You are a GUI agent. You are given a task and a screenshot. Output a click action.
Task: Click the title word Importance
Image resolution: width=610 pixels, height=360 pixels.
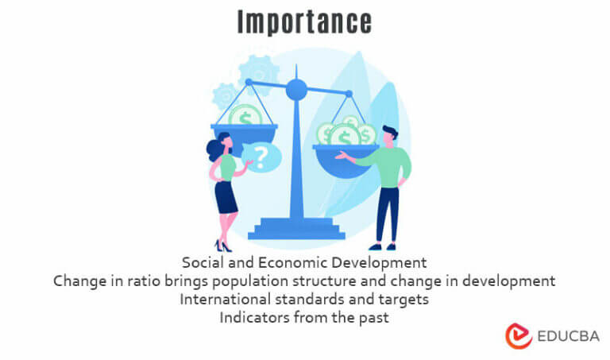(x=304, y=21)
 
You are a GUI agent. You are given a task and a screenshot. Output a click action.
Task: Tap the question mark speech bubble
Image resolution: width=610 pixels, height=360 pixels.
(x=261, y=157)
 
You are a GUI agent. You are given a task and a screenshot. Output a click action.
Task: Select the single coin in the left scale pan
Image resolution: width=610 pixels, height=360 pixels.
(x=245, y=118)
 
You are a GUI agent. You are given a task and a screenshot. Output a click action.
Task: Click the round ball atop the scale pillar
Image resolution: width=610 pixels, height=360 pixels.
(x=296, y=88)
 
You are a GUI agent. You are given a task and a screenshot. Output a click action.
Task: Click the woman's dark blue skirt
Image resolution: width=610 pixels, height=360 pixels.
(x=226, y=196)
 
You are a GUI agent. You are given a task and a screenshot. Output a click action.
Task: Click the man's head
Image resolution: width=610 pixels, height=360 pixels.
(x=388, y=134)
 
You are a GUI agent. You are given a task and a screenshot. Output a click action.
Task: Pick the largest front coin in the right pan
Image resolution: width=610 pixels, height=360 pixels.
(x=345, y=135)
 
